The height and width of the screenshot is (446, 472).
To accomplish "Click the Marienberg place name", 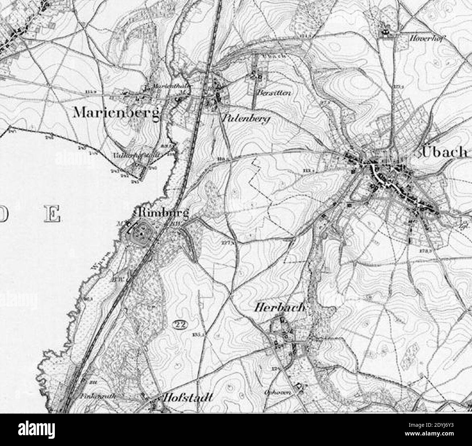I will click(116, 113).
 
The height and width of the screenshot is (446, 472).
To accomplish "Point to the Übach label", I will click(445, 152).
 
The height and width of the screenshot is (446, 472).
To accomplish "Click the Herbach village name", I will click(278, 308).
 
